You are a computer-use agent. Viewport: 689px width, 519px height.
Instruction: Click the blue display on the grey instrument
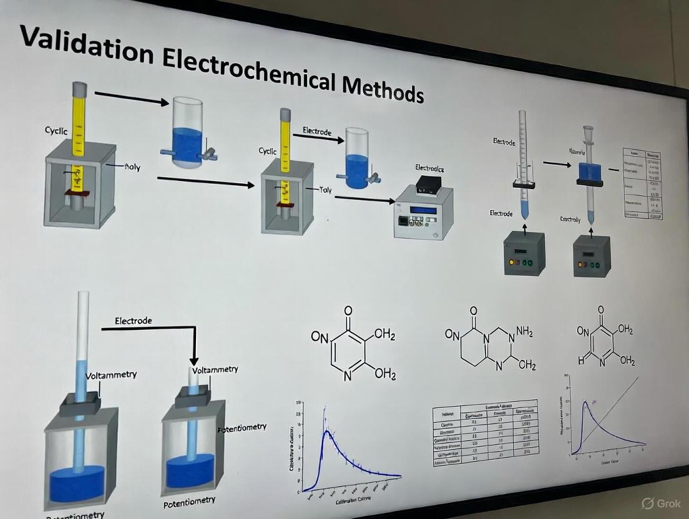point(424,210)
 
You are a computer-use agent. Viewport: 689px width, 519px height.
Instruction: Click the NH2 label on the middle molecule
point(524,332)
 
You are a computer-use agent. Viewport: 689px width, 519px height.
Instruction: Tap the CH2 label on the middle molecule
point(527,365)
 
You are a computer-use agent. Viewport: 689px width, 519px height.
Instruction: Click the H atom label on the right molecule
point(580,361)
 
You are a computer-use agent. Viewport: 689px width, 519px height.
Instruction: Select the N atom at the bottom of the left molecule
point(348,376)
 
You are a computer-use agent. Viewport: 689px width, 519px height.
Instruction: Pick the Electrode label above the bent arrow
point(133,321)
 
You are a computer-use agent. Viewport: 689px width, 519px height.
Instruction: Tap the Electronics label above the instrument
point(429,168)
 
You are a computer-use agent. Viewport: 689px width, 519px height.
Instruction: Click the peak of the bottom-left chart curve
point(325,430)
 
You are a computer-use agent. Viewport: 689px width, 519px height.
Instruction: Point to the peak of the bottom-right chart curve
point(585,403)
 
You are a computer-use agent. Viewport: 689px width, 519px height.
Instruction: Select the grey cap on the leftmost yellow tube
point(80,88)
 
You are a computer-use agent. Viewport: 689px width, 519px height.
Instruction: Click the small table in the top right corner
point(642,182)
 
